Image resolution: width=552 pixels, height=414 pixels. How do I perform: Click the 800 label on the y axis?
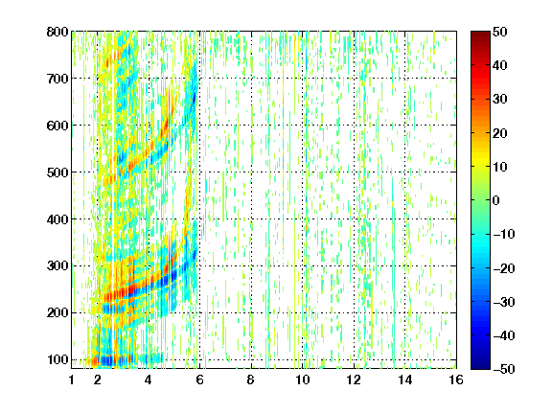(57, 32)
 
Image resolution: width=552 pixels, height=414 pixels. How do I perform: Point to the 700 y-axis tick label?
(57, 79)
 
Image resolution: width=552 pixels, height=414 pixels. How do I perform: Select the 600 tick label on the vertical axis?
(57, 126)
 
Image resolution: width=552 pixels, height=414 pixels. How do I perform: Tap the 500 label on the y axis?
(57, 172)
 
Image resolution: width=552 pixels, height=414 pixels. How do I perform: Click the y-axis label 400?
(57, 219)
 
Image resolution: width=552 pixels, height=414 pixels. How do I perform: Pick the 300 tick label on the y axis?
(57, 266)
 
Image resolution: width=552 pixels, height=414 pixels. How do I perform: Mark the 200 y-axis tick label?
(57, 313)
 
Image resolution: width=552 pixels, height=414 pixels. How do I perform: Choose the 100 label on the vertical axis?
(57, 359)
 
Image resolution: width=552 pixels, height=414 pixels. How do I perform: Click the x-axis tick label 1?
(72, 379)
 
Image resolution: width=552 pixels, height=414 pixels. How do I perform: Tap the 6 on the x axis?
(200, 379)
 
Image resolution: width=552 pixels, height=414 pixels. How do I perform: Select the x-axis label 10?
(303, 379)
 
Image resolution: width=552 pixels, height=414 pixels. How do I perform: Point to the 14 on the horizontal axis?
(405, 379)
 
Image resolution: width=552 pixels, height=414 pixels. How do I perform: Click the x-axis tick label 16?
(456, 379)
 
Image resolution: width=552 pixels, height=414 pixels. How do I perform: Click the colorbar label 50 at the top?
(499, 32)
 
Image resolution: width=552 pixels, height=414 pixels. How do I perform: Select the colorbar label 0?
(496, 200)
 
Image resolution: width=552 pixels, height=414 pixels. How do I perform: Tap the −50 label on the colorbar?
(504, 369)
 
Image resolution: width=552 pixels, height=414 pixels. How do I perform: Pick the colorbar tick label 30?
(499, 100)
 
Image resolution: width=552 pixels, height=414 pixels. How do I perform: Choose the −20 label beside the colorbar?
(504, 268)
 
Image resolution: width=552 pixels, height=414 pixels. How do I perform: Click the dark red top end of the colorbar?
(480, 33)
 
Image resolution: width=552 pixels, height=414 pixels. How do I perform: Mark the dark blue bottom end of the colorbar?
(480, 367)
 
